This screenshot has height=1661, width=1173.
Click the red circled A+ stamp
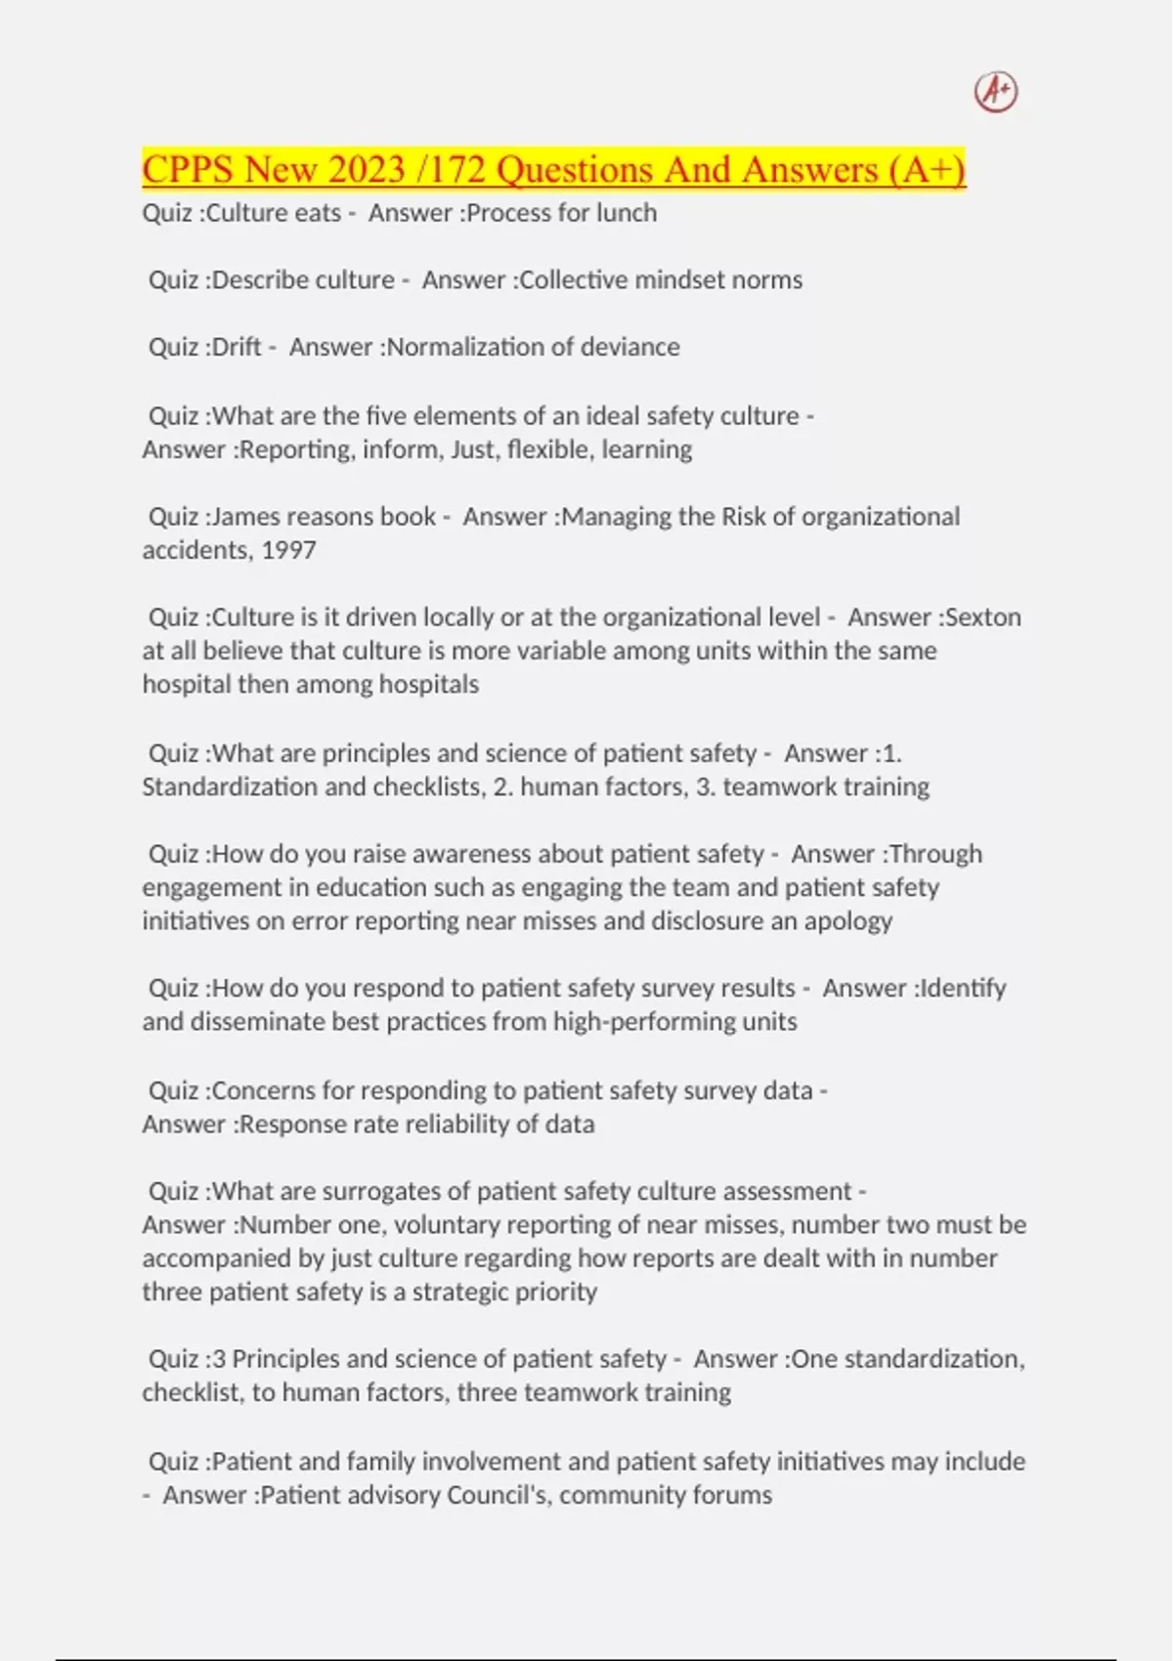pyautogui.click(x=996, y=92)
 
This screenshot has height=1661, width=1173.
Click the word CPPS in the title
pyautogui.click(x=188, y=170)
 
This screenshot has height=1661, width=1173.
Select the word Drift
pyautogui.click(x=237, y=347)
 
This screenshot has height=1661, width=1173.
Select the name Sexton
pyautogui.click(x=983, y=618)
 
